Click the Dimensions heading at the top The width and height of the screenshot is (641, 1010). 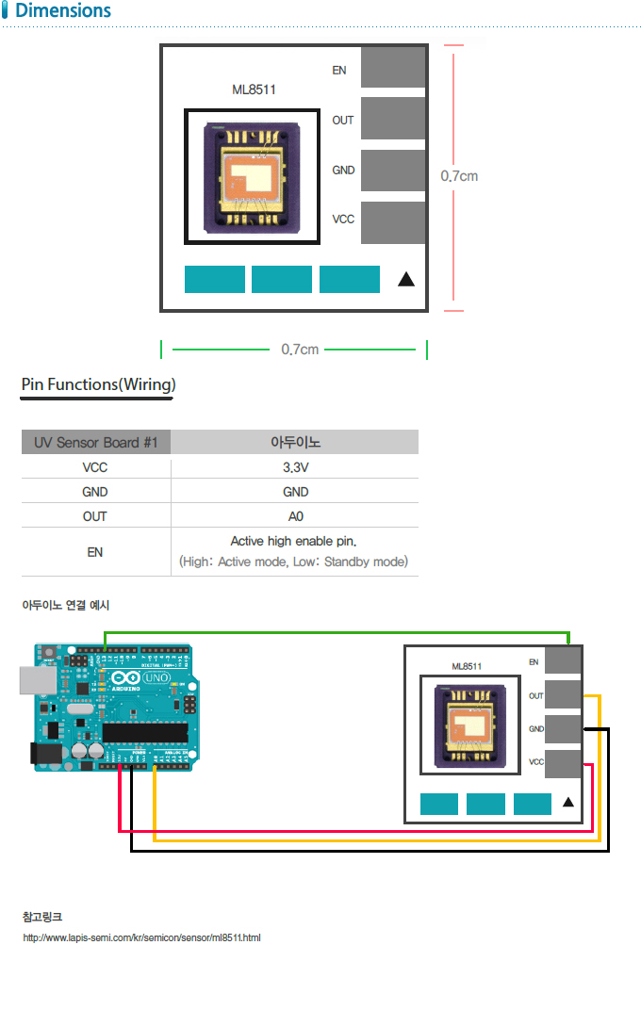tap(62, 11)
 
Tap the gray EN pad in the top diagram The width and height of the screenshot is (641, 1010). tap(393, 67)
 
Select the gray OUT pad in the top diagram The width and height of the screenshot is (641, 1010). tap(393, 119)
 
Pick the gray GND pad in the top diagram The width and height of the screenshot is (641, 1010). tap(393, 171)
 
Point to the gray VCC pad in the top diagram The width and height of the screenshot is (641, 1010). tap(393, 222)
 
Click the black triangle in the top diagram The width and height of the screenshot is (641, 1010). tap(406, 280)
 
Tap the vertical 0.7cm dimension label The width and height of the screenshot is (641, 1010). tap(459, 176)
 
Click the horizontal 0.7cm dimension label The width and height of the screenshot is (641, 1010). tap(300, 350)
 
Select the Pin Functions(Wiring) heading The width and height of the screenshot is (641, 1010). tap(98, 384)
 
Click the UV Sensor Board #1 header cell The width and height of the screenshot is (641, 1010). tap(95, 442)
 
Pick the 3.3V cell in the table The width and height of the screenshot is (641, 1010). tap(295, 466)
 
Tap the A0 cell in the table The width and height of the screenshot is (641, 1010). tap(295, 516)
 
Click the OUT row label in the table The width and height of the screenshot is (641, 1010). tap(95, 516)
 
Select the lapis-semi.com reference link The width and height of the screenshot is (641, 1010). tap(141, 938)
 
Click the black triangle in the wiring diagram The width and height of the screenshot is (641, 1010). tap(568, 803)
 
